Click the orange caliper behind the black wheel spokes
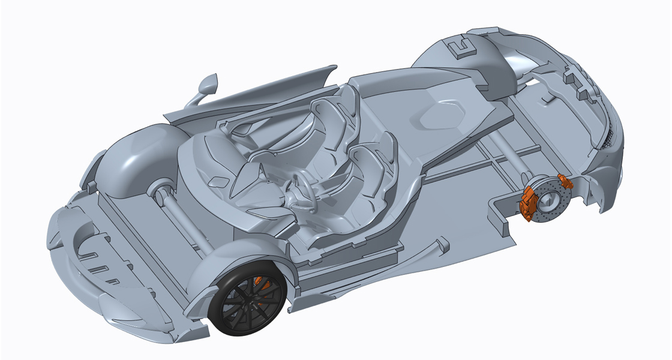(x=260, y=282)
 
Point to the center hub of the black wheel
(x=251, y=304)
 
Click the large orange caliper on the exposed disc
(x=528, y=202)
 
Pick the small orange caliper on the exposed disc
(x=565, y=180)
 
